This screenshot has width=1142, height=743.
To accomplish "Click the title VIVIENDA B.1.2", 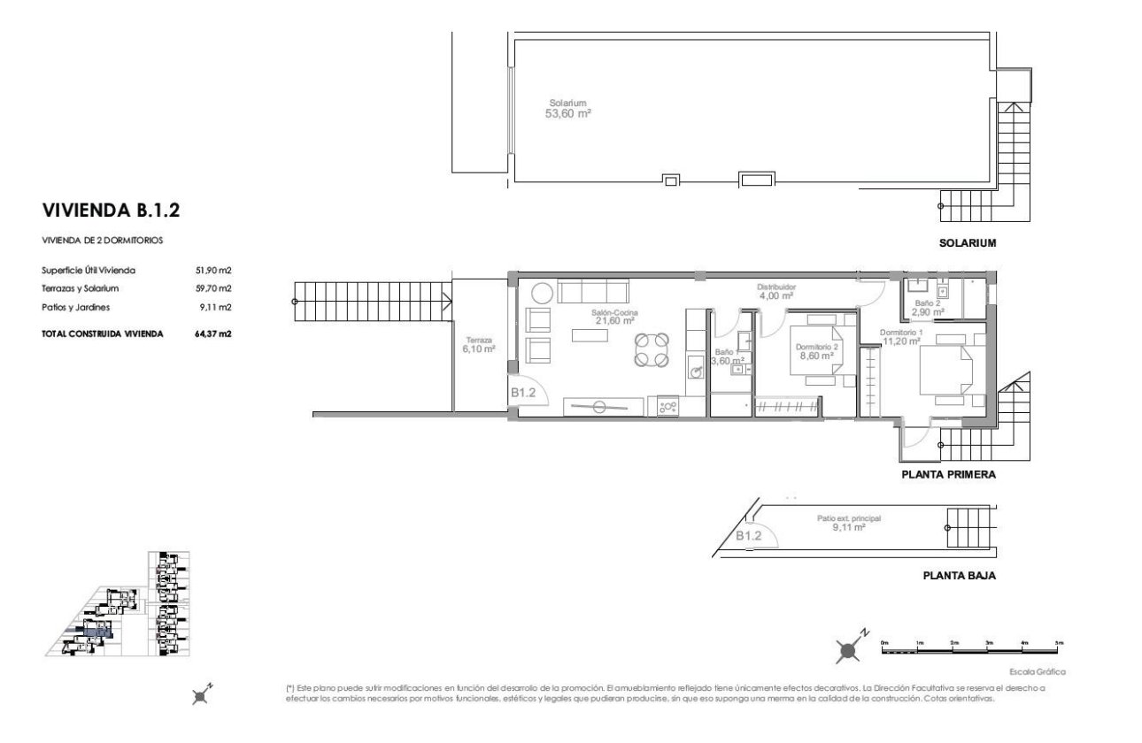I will pos(112,211).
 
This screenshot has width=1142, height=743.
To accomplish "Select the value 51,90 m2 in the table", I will pos(213,271).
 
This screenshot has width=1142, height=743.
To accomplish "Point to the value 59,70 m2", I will pos(213,288).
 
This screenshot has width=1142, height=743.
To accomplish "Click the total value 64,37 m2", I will pos(213,333).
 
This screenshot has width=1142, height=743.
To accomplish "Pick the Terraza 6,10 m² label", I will pos(477,345).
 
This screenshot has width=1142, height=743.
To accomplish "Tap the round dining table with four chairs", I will pos(651,349).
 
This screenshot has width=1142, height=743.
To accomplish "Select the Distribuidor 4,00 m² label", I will pos(776,291).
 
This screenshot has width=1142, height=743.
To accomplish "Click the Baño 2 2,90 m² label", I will pos(929,307).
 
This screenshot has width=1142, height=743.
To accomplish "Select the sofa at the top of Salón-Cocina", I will pos(592,292).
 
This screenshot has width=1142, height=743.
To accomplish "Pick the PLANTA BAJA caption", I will pos(960,575).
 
